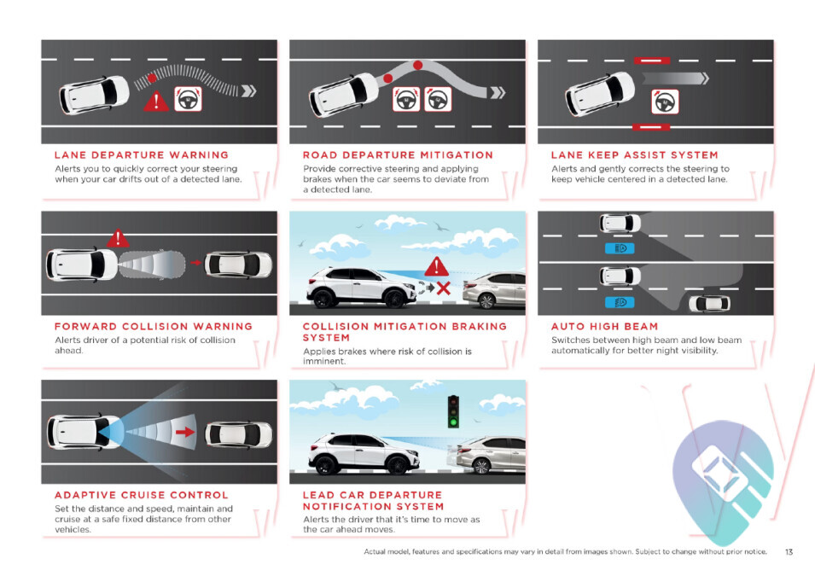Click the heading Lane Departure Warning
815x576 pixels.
click(142, 155)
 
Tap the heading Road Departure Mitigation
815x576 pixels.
click(399, 155)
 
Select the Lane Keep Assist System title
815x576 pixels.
click(635, 155)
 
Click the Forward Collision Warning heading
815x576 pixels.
click(154, 327)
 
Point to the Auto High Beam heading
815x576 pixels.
click(604, 327)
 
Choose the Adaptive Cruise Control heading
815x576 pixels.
click(142, 495)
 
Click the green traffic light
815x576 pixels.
click(453, 422)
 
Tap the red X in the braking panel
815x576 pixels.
click(444, 288)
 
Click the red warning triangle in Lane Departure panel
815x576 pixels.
click(156, 102)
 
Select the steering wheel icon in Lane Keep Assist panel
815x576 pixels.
click(665, 102)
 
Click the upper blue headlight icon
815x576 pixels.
click(620, 248)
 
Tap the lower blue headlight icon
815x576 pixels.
click(620, 303)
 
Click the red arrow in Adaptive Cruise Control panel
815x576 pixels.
click(185, 432)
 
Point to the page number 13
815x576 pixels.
click(789, 552)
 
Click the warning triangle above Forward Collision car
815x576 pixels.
click(118, 238)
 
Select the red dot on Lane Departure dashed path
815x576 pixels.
click(152, 78)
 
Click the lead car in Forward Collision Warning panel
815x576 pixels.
click(238, 264)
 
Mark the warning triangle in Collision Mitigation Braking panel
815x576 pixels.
click(437, 266)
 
